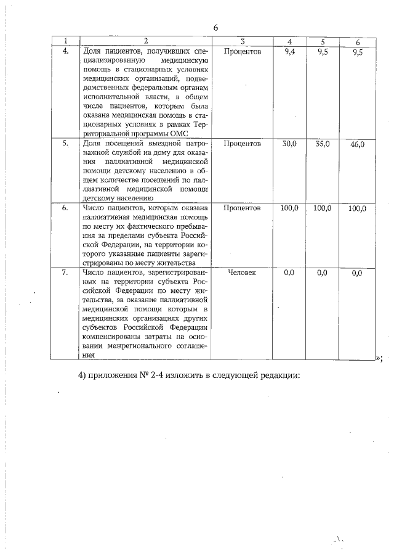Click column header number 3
[x=243, y=41]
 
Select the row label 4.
[x=65, y=51]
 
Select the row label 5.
[x=65, y=143]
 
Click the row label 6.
[x=65, y=208]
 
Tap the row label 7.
[x=65, y=273]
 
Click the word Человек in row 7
[x=243, y=273]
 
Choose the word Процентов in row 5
[x=243, y=143]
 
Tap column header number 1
[x=65, y=41]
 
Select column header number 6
[x=358, y=41]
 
